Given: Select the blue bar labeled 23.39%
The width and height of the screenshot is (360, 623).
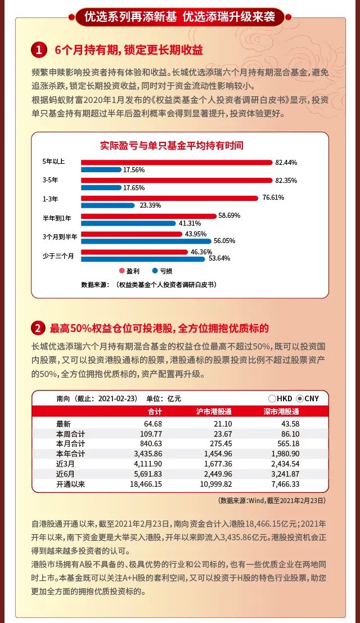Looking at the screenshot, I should pyautogui.click(x=108, y=205).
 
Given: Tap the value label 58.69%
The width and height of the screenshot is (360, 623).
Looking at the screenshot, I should pyautogui.click(x=229, y=216).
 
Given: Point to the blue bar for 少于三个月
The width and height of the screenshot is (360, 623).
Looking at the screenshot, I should pyautogui.click(x=144, y=259).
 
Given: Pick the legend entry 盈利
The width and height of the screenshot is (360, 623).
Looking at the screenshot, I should pyautogui.click(x=129, y=271).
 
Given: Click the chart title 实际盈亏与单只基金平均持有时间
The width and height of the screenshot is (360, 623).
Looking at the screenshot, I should pyautogui.click(x=172, y=145).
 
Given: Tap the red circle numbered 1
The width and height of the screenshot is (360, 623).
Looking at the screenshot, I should pyautogui.click(x=38, y=50).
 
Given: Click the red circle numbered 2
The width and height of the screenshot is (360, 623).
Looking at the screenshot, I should pyautogui.click(x=38, y=328).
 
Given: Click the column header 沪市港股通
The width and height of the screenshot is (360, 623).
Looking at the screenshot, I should pyautogui.click(x=214, y=411).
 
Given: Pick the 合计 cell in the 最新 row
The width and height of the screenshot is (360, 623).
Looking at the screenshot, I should pyautogui.click(x=152, y=423).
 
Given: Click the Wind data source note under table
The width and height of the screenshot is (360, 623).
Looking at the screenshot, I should pyautogui.click(x=272, y=500).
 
